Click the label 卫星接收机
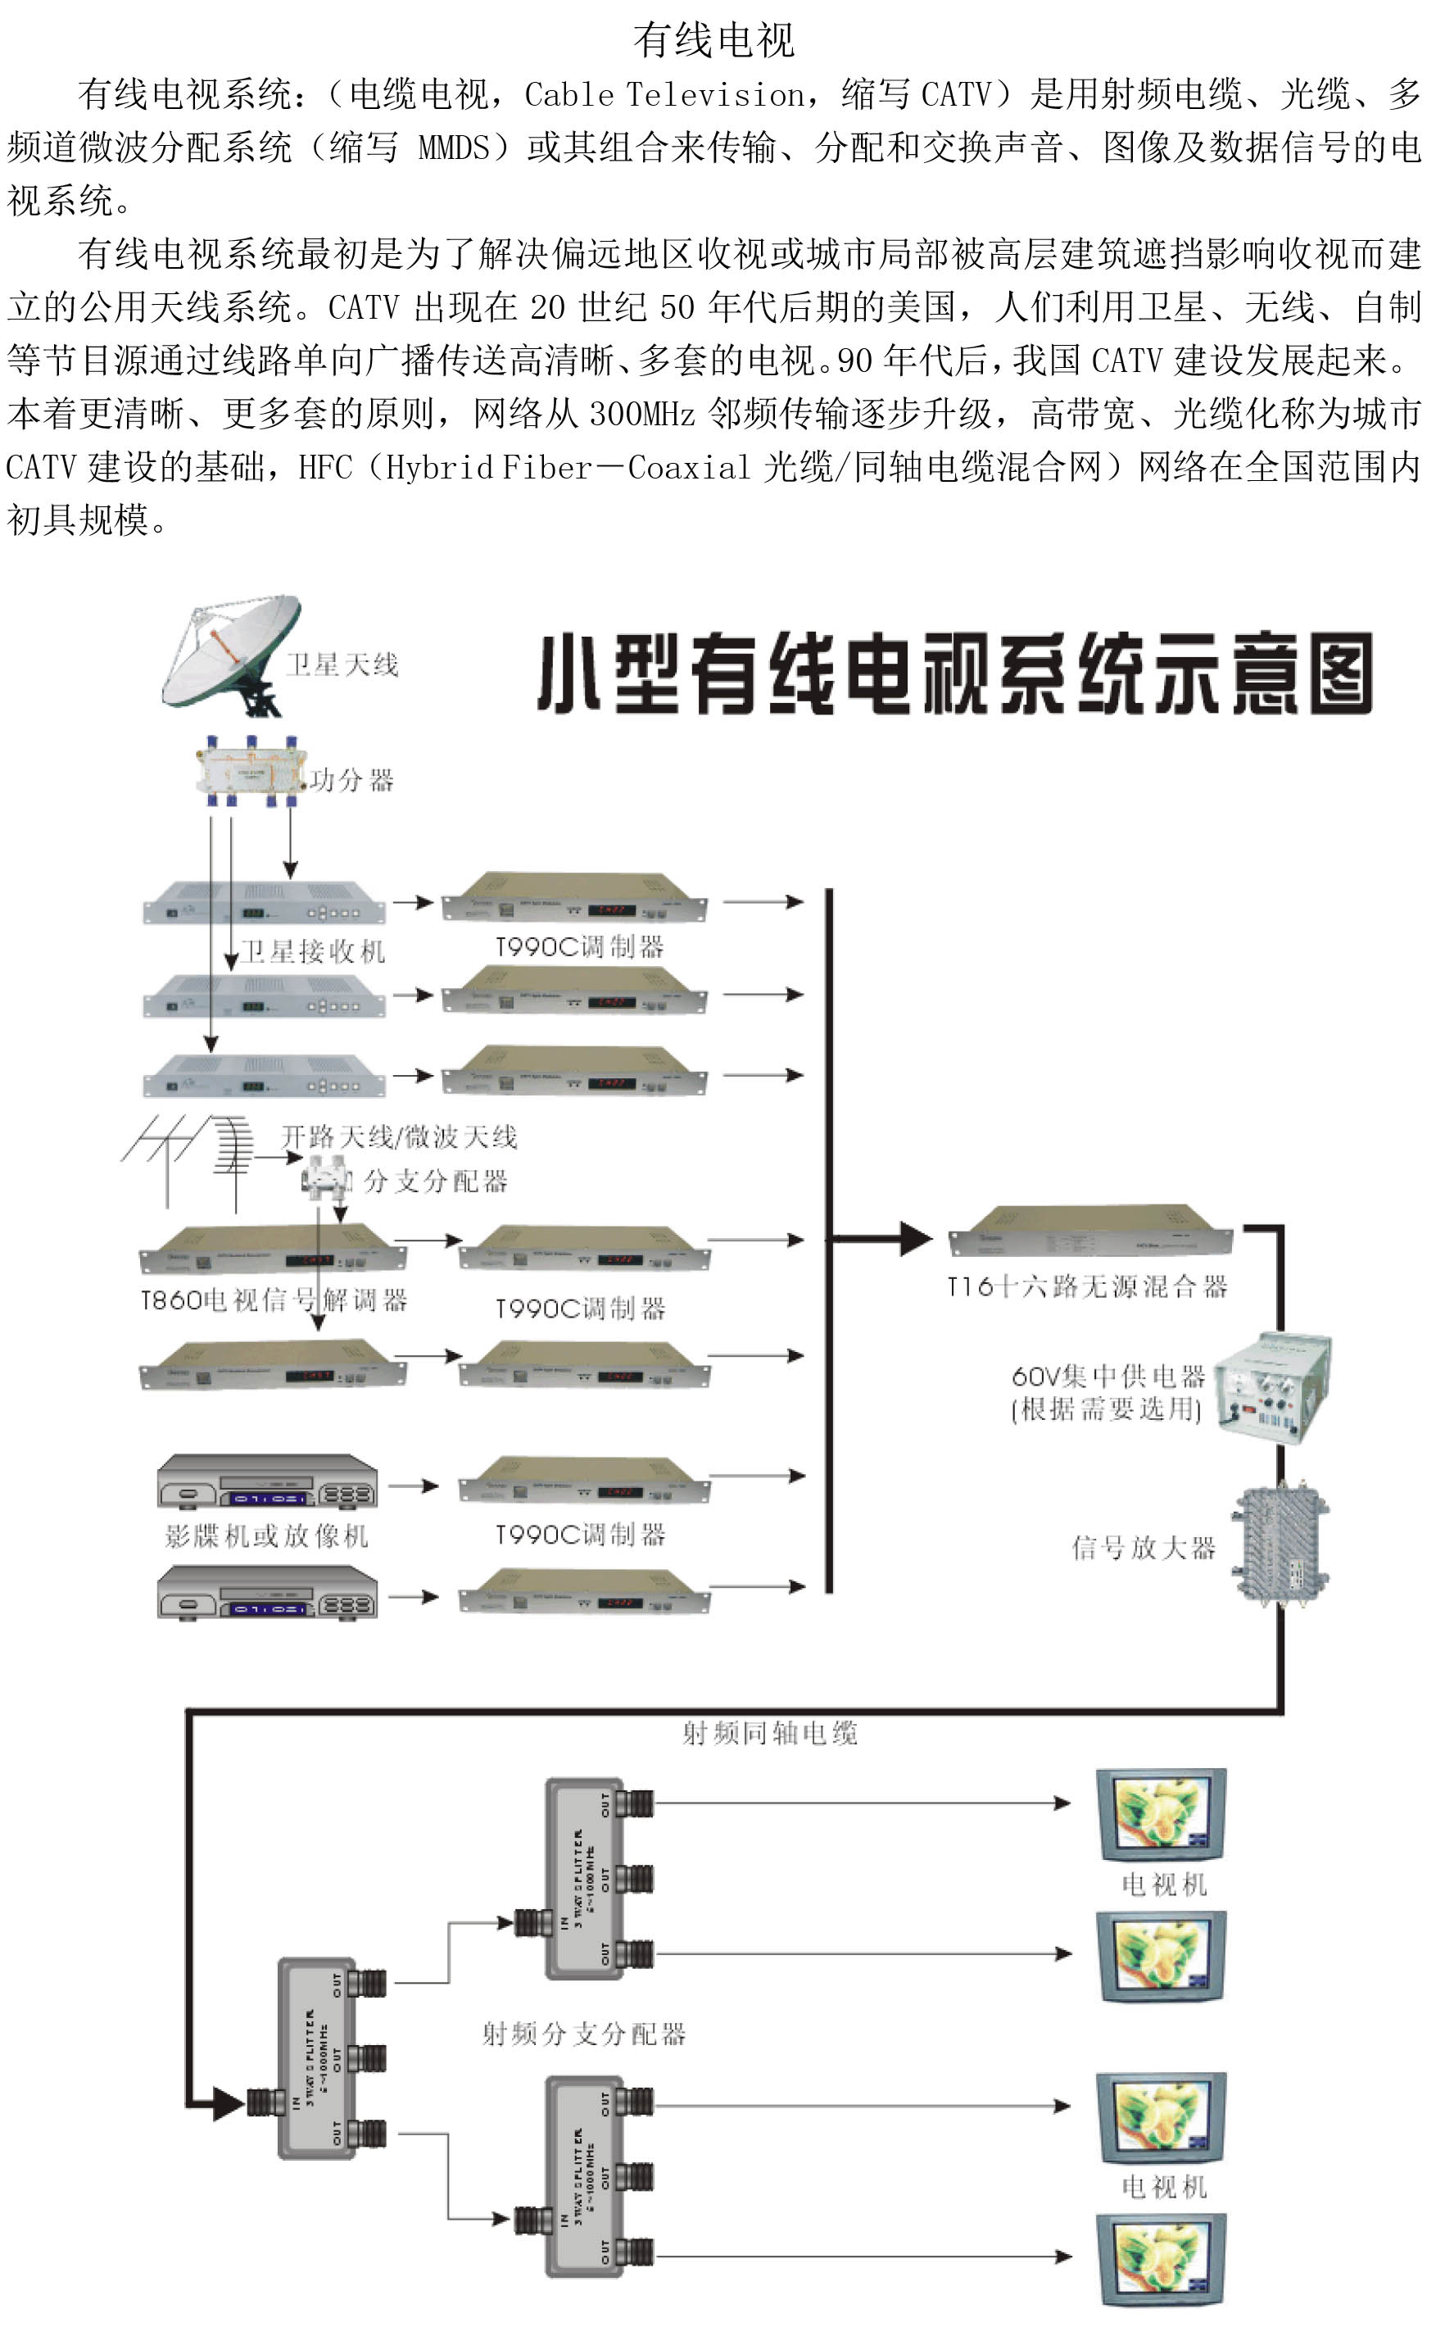pos(313,951)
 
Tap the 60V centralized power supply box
pos(1274,1386)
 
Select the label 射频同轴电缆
pos(769,1733)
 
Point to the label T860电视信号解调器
pos(274,1300)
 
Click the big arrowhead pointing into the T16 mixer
pos(914,1239)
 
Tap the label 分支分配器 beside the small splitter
pos(435,1182)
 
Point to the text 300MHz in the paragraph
pos(641,414)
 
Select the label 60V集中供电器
pos(1108,1377)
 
